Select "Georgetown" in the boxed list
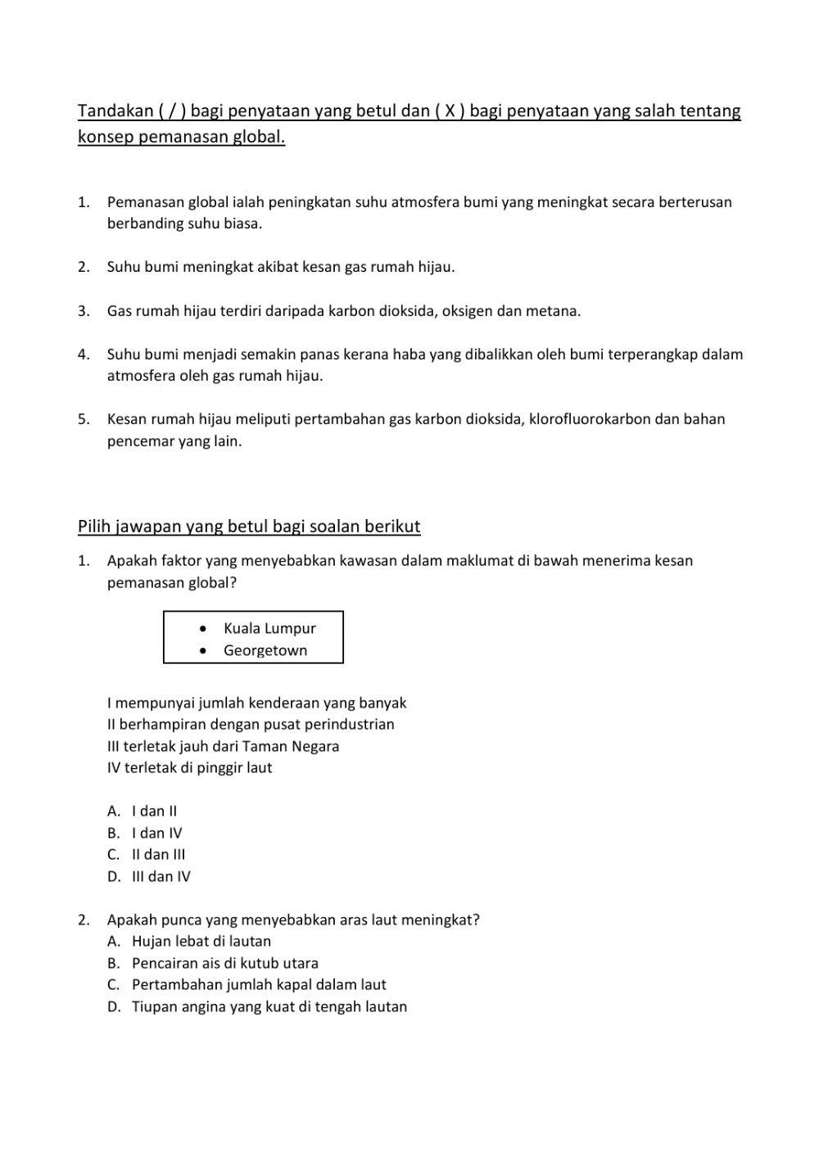(x=265, y=650)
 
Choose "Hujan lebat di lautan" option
(x=201, y=941)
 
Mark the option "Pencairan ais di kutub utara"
(x=225, y=963)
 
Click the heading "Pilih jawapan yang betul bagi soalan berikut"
(x=249, y=527)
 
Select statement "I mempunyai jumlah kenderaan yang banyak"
(x=256, y=703)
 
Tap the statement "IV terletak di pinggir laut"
(x=189, y=767)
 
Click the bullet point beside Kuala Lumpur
(x=202, y=628)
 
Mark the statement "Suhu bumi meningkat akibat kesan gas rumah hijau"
(x=281, y=267)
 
